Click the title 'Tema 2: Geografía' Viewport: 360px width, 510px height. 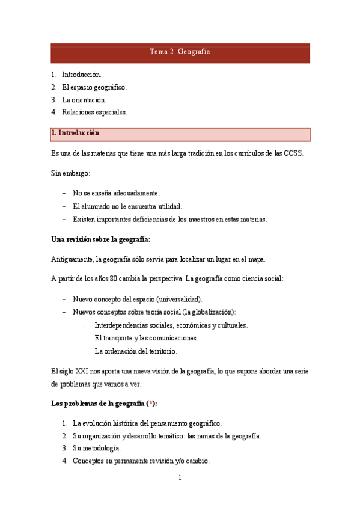180,52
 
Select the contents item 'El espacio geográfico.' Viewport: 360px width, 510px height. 94,87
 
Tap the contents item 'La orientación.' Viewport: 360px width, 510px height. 84,100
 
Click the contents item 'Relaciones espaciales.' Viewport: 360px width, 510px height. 95,112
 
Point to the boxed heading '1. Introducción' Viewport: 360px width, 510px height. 76,132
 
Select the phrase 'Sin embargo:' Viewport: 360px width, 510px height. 71,173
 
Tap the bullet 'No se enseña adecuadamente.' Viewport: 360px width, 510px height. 117,194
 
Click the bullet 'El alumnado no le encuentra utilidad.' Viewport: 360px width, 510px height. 127,206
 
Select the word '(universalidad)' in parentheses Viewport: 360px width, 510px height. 178,299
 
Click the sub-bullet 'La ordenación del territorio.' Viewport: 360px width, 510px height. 136,351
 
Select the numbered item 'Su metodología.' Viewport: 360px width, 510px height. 97,449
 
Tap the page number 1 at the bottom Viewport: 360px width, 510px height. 180,478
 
